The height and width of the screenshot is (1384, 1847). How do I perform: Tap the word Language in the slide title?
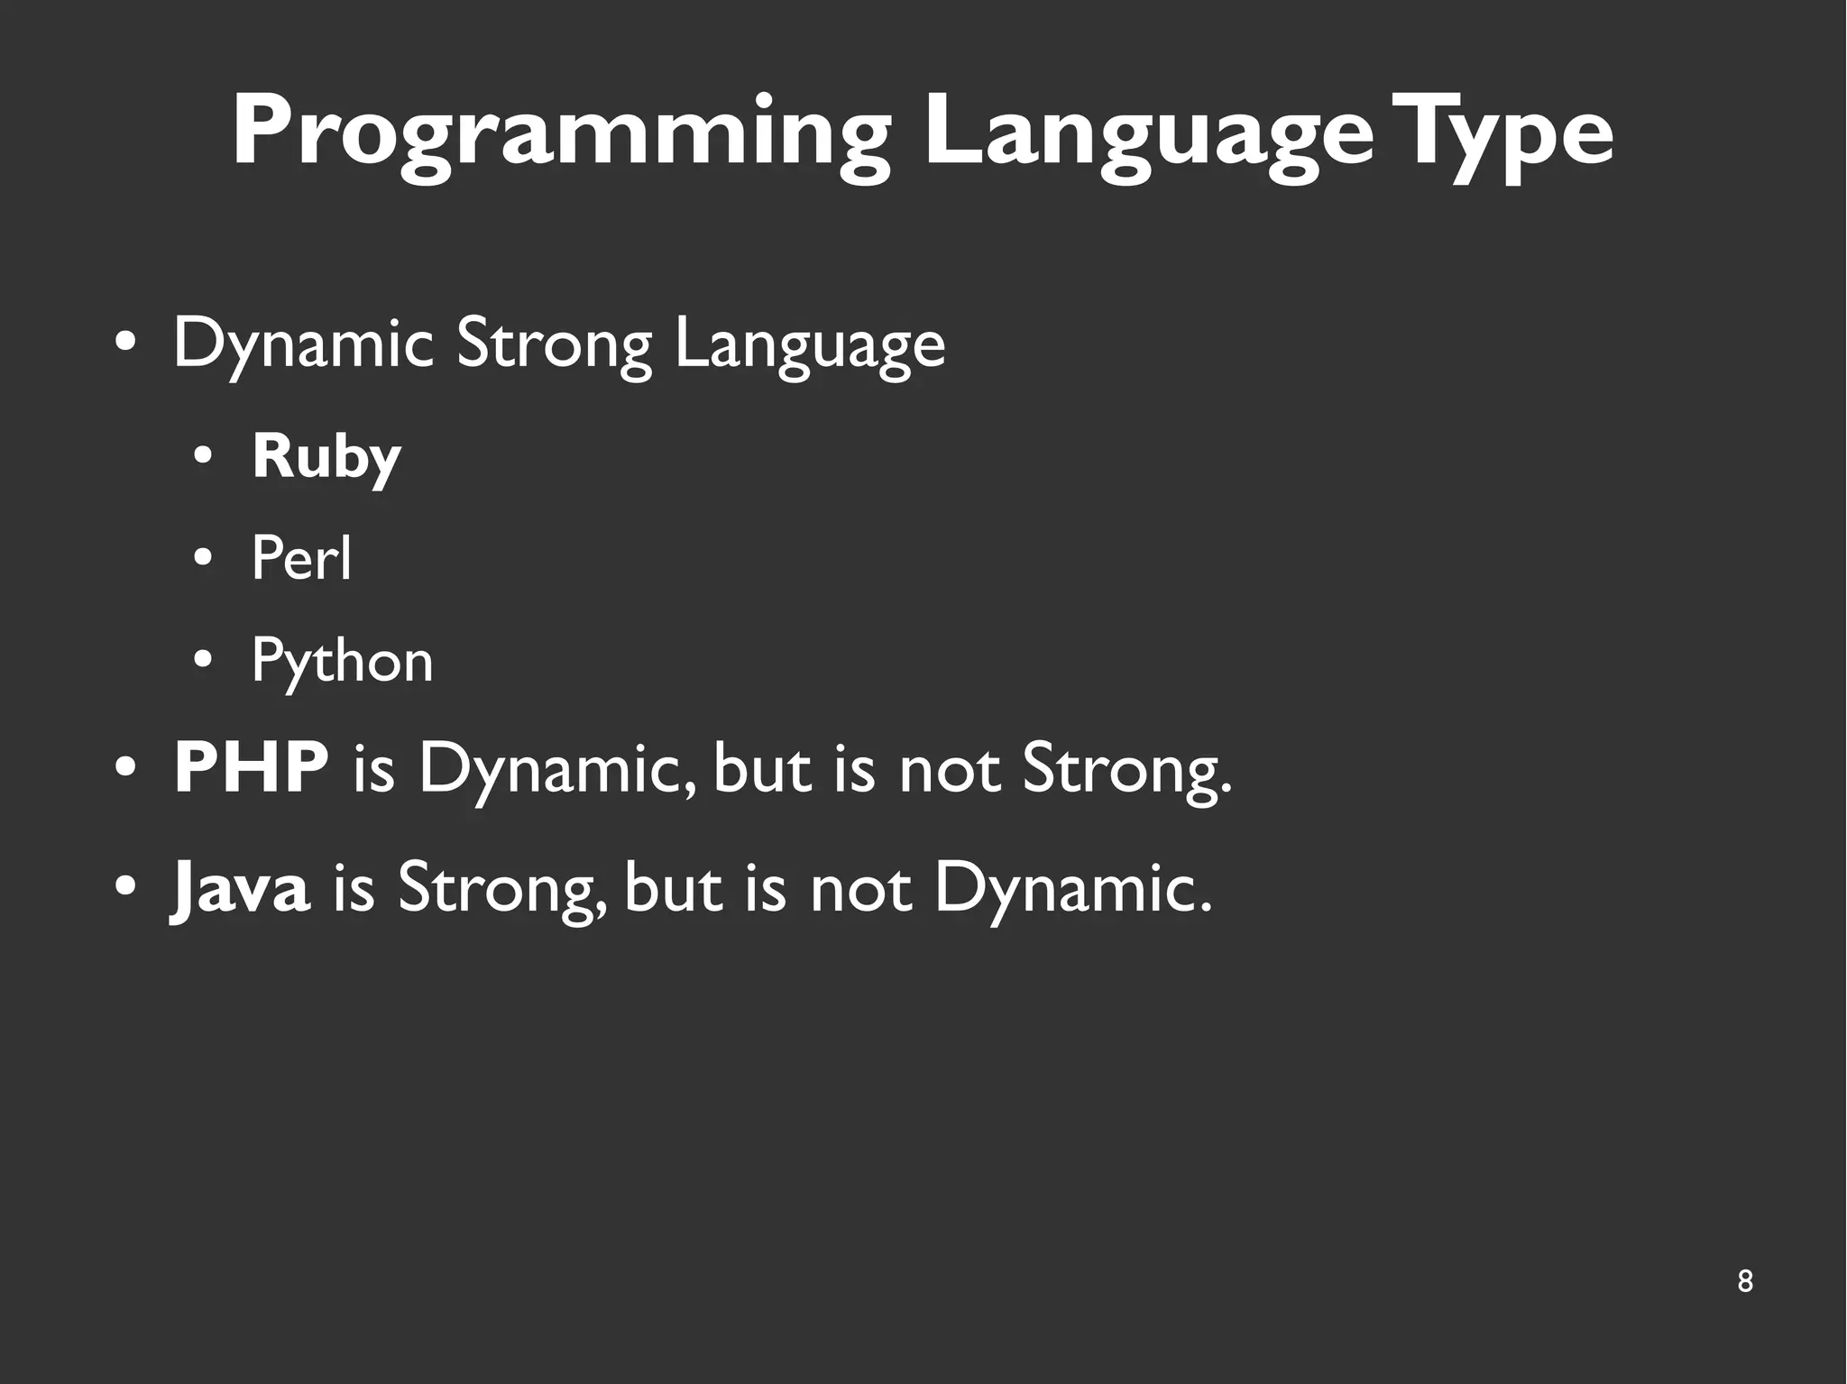(1147, 135)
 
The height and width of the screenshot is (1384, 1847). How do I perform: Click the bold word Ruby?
(326, 458)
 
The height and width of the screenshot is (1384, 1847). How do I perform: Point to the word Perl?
(301, 558)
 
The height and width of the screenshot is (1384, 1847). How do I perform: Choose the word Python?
(342, 662)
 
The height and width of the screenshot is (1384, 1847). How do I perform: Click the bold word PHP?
(251, 768)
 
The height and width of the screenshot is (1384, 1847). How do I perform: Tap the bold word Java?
(241, 887)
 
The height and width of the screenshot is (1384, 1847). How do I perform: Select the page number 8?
(1744, 1281)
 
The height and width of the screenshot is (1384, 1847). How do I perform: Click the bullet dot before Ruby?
(203, 458)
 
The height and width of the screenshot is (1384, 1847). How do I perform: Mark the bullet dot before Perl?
(203, 560)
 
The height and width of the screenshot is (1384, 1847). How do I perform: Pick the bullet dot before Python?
(203, 662)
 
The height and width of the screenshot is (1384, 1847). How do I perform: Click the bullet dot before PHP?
(125, 769)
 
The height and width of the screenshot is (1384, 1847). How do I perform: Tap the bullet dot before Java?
(125, 887)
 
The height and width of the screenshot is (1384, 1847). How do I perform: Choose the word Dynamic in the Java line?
(1072, 887)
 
